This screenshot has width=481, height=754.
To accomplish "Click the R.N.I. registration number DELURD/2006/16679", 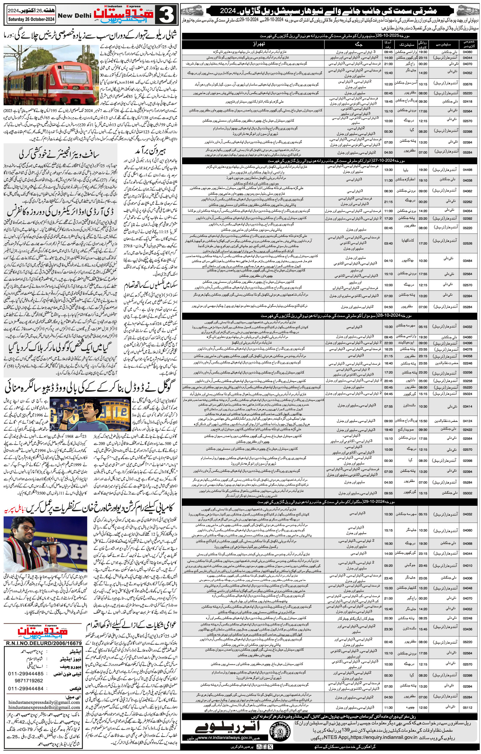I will pyautogui.click(x=43, y=640).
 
